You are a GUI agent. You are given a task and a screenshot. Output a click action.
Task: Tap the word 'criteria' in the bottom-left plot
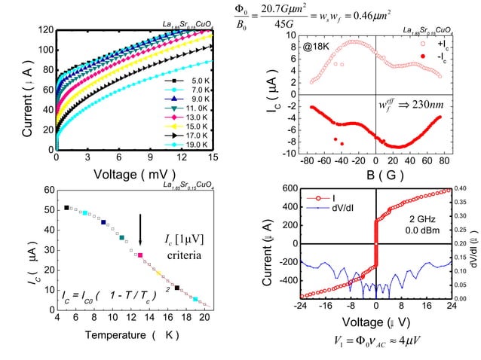pyautogui.click(x=182, y=256)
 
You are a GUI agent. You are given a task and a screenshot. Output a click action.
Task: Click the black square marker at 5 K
pyautogui.click(x=66, y=207)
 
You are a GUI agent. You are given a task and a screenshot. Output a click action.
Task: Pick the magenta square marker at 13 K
pyautogui.click(x=139, y=256)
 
